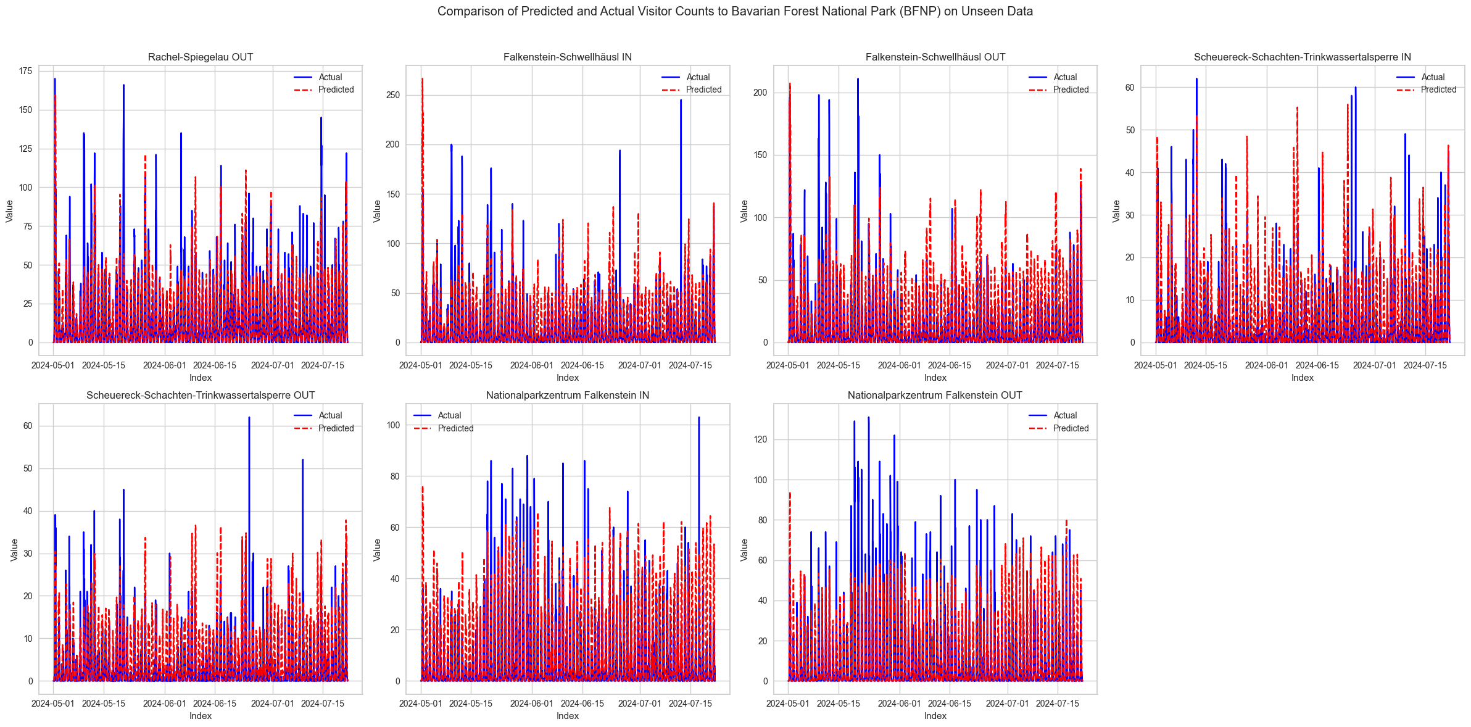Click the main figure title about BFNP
tap(735, 11)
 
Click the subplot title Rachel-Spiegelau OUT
tap(201, 57)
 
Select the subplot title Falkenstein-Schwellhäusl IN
tap(567, 57)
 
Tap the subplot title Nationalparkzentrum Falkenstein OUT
tap(935, 395)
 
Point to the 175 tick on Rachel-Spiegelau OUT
tap(26, 71)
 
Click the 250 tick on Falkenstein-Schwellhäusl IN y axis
tap(393, 95)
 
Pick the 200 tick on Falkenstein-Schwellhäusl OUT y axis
tap(760, 93)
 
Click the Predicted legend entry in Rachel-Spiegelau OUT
tap(336, 89)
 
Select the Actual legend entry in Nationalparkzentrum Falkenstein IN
tap(449, 415)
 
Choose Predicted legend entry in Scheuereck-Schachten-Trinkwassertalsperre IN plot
tap(1438, 89)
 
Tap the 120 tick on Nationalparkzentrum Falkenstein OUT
tap(760, 439)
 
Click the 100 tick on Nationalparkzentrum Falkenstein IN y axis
tap(393, 425)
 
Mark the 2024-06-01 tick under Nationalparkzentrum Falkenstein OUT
tap(900, 703)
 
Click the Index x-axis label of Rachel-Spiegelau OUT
tap(201, 377)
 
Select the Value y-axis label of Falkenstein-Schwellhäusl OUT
tap(745, 210)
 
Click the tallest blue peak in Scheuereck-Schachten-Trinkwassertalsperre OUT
tap(249, 418)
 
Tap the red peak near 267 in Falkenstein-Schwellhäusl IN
tap(422, 79)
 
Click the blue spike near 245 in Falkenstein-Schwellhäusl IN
tap(681, 100)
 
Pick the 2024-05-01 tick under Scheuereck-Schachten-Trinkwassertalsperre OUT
tap(53, 703)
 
